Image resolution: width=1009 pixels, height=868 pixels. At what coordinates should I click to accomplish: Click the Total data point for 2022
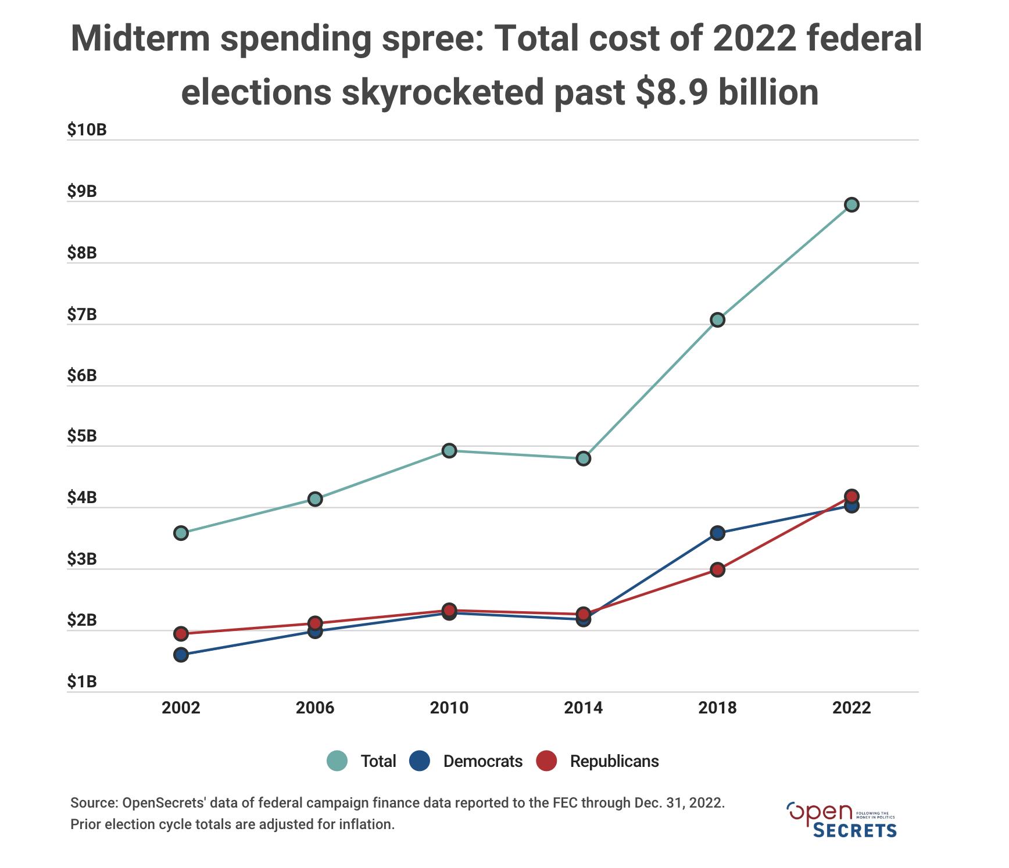pyautogui.click(x=851, y=205)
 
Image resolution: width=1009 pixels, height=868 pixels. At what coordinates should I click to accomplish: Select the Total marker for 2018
pyautogui.click(x=717, y=320)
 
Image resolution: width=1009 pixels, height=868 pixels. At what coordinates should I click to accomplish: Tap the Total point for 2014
pyautogui.click(x=584, y=458)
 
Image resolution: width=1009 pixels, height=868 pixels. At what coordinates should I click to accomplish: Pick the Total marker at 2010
pyautogui.click(x=449, y=450)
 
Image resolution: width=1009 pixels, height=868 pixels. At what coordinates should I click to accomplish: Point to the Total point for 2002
pyautogui.click(x=181, y=533)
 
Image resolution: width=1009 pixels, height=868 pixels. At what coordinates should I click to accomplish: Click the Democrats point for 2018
pyautogui.click(x=717, y=533)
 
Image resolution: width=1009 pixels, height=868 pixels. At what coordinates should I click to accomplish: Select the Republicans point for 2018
pyautogui.click(x=717, y=569)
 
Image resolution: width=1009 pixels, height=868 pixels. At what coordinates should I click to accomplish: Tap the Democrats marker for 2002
pyautogui.click(x=181, y=655)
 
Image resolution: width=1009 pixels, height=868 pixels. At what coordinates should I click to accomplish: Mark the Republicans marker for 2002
pyautogui.click(x=181, y=633)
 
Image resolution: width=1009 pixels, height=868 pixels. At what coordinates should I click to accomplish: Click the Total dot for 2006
pyautogui.click(x=315, y=499)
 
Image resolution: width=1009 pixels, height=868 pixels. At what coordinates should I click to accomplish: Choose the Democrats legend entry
pyautogui.click(x=466, y=761)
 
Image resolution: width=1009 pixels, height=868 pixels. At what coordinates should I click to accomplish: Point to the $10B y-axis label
pyautogui.click(x=87, y=130)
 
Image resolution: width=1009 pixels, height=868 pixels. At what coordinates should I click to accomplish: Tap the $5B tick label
pyautogui.click(x=82, y=436)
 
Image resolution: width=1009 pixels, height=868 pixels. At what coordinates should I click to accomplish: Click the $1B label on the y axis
pyautogui.click(x=82, y=682)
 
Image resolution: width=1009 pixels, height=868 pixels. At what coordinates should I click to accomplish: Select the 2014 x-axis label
pyautogui.click(x=584, y=708)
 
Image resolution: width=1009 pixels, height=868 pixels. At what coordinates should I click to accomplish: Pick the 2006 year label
pyautogui.click(x=315, y=708)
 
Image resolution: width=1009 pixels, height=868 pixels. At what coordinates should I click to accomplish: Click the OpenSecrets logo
pyautogui.click(x=841, y=819)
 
